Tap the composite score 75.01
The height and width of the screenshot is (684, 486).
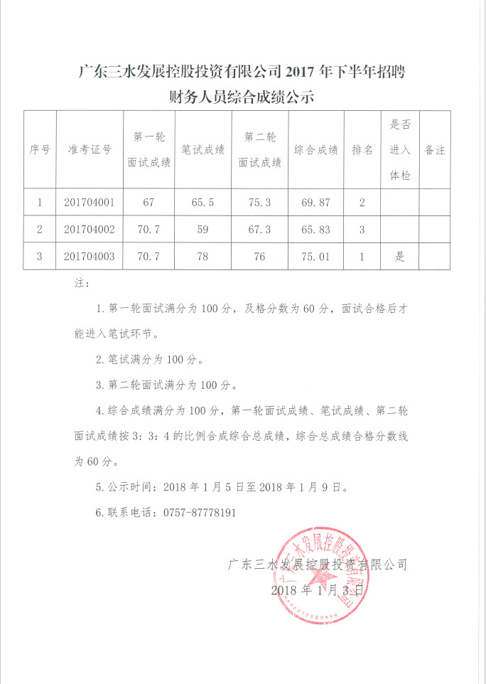pyautogui.click(x=315, y=257)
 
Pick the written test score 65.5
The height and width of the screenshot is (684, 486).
pyautogui.click(x=202, y=203)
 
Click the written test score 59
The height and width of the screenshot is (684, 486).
pyautogui.click(x=202, y=230)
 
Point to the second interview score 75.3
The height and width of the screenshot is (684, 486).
pyautogui.click(x=259, y=203)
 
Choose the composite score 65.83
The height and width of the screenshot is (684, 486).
pyautogui.click(x=315, y=230)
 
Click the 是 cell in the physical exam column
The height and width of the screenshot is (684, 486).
pyautogui.click(x=400, y=257)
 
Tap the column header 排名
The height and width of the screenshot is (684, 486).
pyautogui.click(x=362, y=149)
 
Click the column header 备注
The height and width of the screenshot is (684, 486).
pyautogui.click(x=434, y=149)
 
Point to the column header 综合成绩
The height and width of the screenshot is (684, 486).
pyautogui.click(x=315, y=149)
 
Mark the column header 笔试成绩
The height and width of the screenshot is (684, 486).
pyautogui.click(x=202, y=149)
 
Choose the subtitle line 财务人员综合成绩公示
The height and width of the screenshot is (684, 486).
pyautogui.click(x=241, y=97)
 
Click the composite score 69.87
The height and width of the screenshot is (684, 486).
pyautogui.click(x=315, y=203)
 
